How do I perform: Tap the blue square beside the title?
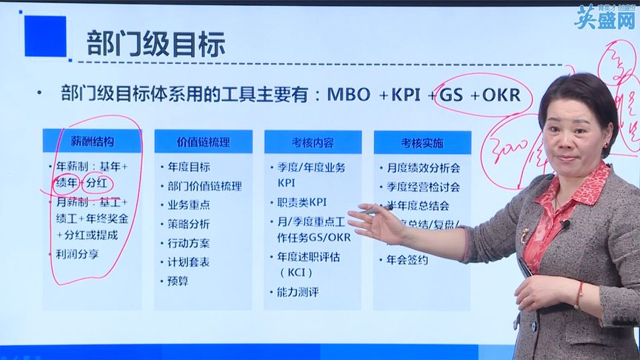point(45,36)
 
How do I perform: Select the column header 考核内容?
point(313,141)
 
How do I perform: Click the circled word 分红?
point(98,182)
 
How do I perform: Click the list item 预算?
point(177,281)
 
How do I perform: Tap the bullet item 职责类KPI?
point(301,201)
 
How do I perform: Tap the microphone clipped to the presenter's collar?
point(564,224)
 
